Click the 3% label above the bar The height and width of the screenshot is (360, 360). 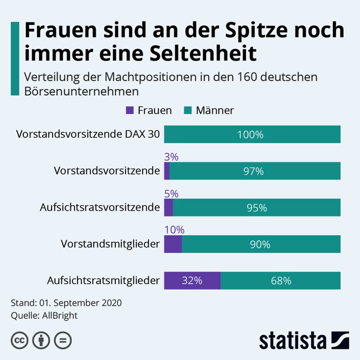tap(171, 157)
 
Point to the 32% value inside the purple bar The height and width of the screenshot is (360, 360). tap(192, 281)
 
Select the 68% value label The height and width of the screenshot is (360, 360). tap(281, 281)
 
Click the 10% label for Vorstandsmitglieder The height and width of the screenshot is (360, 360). tap(174, 230)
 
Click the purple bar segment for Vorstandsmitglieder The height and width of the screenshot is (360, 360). tap(172, 244)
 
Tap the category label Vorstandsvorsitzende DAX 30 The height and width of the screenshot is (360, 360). tap(88, 135)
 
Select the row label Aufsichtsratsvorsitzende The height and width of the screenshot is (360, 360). tap(99, 207)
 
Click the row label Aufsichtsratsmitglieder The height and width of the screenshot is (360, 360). tap(103, 281)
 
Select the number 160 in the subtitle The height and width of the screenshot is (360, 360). tap(242, 76)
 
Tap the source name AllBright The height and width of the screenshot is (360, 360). tap(60, 315)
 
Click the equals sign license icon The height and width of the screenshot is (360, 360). tap(62, 340)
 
